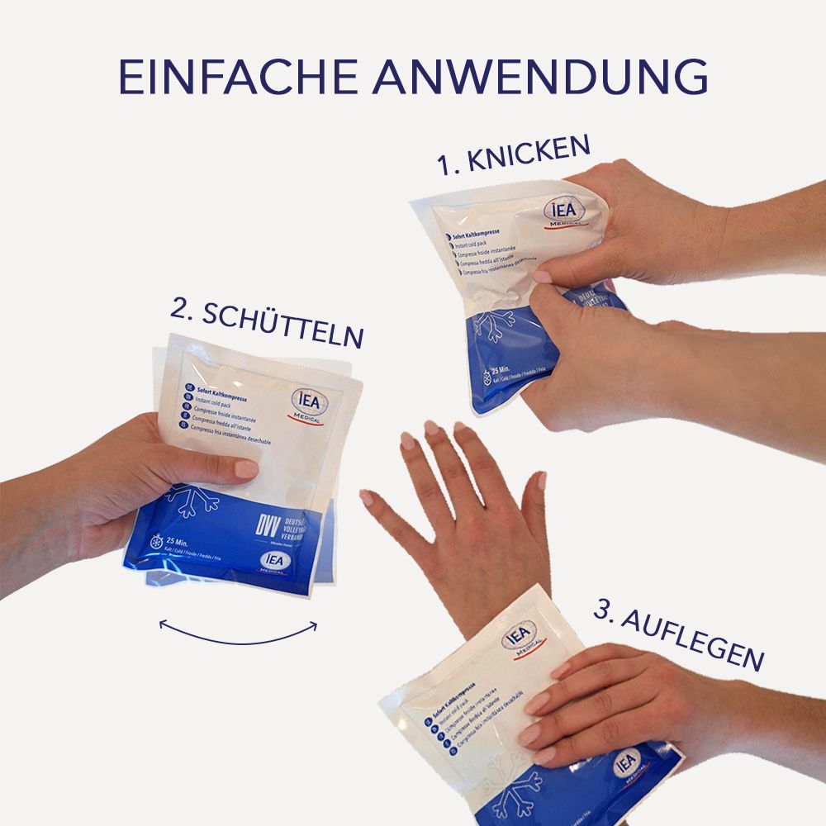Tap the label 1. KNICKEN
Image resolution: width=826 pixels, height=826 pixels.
coord(514,156)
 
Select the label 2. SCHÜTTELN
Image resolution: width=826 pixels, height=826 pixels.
coord(267,323)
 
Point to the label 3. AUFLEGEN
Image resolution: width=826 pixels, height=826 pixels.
coord(677,637)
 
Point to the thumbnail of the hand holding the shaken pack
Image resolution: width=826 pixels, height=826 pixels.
coord(245,468)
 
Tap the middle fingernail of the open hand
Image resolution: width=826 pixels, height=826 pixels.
coord(431,428)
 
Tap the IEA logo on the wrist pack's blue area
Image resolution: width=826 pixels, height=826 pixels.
coord(627,760)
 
